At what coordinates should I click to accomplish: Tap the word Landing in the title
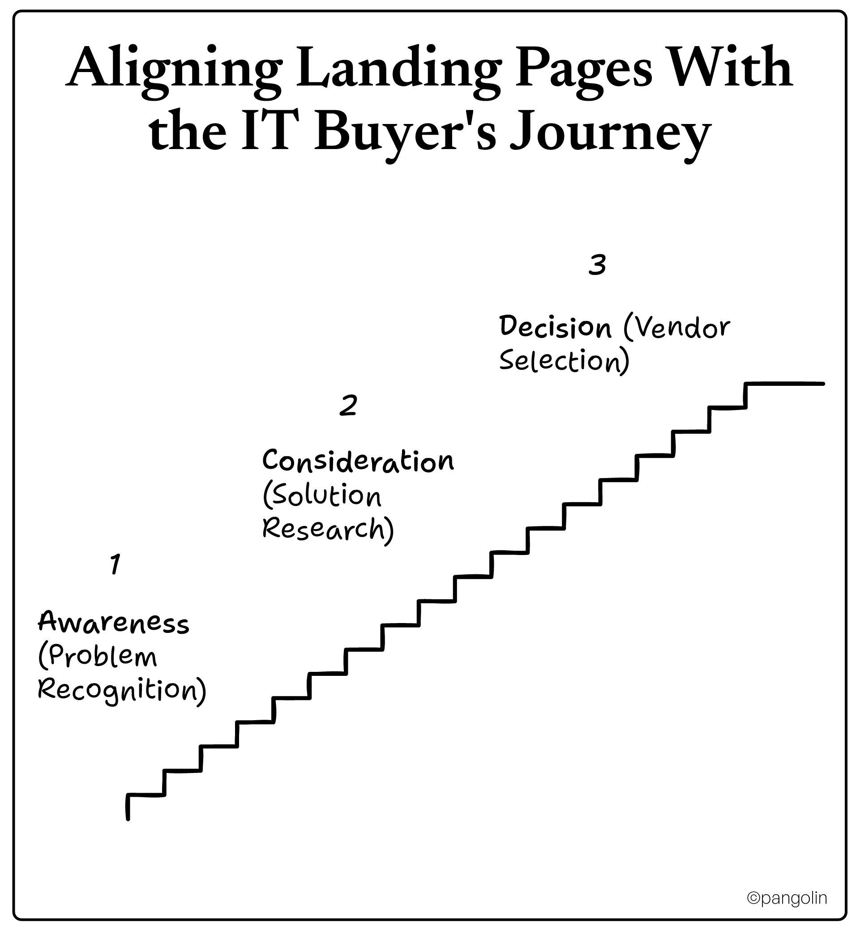tap(398, 70)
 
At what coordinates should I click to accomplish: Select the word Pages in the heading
tap(584, 70)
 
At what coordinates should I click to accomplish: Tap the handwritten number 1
tap(115, 564)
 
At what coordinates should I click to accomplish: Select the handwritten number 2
tap(348, 405)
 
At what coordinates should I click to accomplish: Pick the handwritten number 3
tap(597, 265)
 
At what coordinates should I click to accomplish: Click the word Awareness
tap(114, 623)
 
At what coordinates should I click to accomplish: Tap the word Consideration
tap(358, 461)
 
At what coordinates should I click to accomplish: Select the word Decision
tap(555, 327)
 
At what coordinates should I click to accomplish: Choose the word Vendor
tap(682, 328)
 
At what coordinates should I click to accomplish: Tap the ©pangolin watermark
tap(787, 898)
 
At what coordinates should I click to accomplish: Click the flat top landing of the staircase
tap(785, 384)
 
